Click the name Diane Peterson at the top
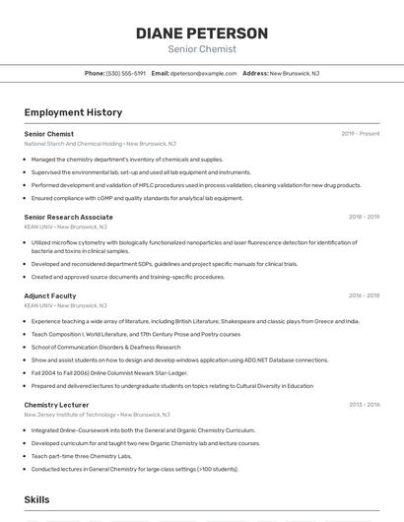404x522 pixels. coord(201,33)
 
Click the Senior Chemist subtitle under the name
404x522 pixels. coord(201,48)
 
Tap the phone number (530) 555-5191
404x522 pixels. coord(125,73)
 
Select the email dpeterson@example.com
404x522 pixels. coord(204,73)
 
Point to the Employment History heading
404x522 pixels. coord(73,112)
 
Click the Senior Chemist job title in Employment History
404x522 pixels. coord(48,133)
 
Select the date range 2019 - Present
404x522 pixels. coord(360,133)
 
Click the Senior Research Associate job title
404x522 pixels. coord(68,217)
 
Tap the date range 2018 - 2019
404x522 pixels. coord(364,217)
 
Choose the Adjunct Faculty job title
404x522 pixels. coord(49,295)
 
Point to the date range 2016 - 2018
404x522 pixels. coord(364,295)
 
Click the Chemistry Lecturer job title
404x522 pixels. coord(56,405)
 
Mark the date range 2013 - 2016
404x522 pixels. coord(364,405)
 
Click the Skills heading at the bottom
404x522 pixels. coord(36,500)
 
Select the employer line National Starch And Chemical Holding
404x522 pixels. coord(100,144)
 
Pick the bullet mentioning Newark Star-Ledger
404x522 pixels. coord(108,373)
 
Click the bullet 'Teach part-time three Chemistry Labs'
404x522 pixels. coord(81,456)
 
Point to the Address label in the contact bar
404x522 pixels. coord(255,73)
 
